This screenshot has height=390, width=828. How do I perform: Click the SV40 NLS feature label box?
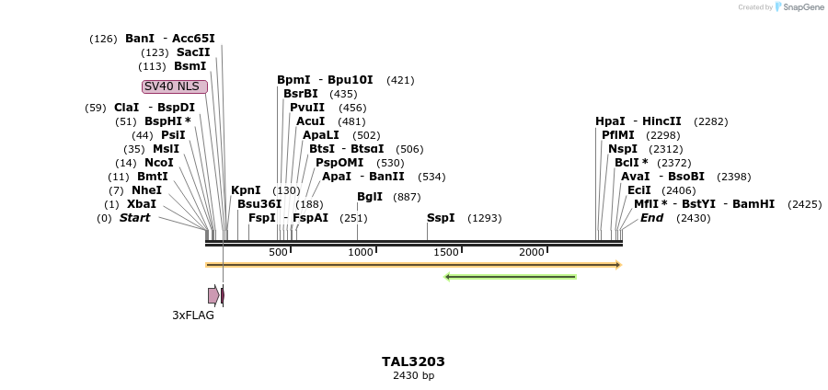175,86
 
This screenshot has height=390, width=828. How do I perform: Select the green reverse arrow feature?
511,276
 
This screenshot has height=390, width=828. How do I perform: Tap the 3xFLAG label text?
193,315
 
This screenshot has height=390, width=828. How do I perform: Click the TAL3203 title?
413,361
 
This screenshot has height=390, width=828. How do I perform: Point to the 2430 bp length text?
413,375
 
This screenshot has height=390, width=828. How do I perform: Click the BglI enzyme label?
370,197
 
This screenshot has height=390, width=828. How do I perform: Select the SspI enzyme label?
441,218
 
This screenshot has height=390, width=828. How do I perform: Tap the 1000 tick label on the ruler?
361,252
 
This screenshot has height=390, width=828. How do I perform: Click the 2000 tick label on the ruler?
532,252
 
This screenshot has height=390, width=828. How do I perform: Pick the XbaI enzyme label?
142,204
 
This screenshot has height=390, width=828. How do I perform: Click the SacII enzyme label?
193,52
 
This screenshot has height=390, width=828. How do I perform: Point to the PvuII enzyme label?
307,108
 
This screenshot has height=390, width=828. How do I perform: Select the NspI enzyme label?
623,149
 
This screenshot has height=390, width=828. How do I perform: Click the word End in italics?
651,218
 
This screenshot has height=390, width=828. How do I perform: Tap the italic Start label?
134,218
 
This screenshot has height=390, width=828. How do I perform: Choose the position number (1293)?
485,218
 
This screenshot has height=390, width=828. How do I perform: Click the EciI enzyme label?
638,190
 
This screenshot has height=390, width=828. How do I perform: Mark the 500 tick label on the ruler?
278,252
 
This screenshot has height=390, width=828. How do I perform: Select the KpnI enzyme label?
246,190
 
